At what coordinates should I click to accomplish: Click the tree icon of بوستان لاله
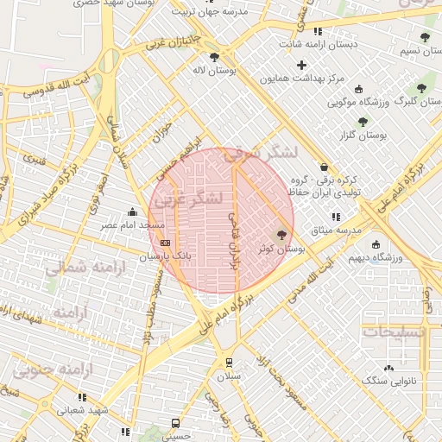(214, 57)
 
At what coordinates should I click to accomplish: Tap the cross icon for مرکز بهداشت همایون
(300, 66)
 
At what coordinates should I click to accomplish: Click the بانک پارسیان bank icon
(166, 243)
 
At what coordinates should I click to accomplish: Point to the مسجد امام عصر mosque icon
(131, 212)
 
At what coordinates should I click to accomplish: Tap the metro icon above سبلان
(229, 363)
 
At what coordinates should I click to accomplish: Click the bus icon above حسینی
(175, 423)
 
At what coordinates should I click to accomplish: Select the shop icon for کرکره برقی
(324, 167)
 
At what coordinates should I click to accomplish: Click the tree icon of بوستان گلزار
(362, 122)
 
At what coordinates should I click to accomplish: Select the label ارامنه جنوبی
(51, 370)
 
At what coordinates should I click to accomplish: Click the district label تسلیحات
(393, 331)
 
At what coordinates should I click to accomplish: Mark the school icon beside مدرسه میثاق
(335, 217)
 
